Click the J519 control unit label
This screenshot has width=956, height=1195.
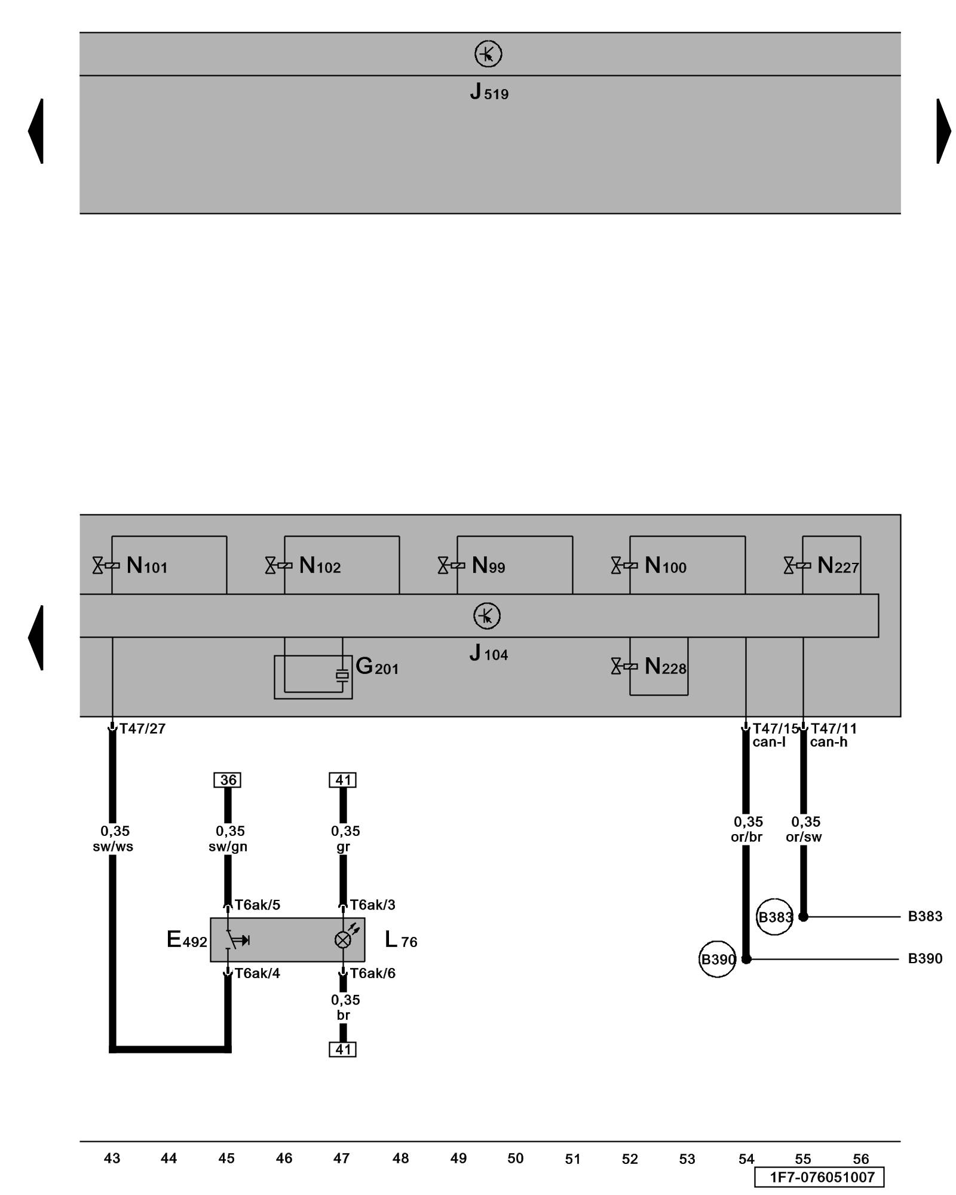tap(489, 92)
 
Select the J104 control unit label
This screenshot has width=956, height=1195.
tap(488, 653)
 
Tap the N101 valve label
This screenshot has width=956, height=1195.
tap(146, 565)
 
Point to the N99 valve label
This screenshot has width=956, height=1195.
tap(488, 565)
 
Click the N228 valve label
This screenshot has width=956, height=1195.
tap(665, 666)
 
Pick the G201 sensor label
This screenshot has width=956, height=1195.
tap(376, 666)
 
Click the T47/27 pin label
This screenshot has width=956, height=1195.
tap(142, 728)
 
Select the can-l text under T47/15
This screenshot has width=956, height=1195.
tap(768, 742)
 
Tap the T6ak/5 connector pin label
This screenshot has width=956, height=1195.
tap(257, 905)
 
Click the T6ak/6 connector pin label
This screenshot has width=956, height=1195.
tap(372, 973)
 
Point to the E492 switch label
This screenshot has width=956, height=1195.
tap(186, 940)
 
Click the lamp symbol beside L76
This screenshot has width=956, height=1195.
tap(343, 940)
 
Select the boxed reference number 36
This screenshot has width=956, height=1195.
tap(228, 780)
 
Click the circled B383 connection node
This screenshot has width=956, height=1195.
tap(774, 917)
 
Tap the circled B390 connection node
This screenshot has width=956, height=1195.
tap(717, 960)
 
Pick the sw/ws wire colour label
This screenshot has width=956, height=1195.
tap(113, 847)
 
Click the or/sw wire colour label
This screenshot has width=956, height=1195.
tap(804, 837)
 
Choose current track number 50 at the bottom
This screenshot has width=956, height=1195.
tap(515, 1159)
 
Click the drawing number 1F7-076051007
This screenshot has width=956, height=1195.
tap(822, 1177)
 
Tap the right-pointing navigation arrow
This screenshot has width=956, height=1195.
tap(943, 131)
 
